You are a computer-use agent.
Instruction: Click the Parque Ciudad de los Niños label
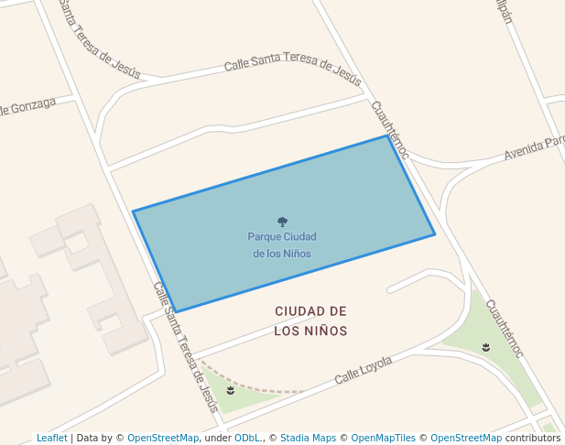tap(282, 244)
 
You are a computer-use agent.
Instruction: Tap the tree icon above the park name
tap(282, 222)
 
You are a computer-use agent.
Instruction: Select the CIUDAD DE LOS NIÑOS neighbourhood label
tap(310, 320)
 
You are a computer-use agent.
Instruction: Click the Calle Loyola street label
tap(363, 370)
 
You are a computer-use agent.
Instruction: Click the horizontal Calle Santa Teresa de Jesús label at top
tap(292, 67)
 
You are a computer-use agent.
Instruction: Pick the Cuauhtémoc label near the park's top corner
tap(389, 129)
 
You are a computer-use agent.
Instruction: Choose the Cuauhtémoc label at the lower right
tap(504, 329)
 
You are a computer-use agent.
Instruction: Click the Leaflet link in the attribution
tap(51, 438)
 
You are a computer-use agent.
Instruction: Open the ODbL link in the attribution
tap(247, 438)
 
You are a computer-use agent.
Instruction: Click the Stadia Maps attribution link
tap(308, 438)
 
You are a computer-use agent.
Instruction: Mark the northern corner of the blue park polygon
tap(389, 136)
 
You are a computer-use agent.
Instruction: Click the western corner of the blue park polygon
tap(133, 212)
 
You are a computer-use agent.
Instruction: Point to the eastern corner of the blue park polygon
tap(435, 234)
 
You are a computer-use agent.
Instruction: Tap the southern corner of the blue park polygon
tap(175, 312)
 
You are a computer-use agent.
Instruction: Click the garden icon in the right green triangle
tap(485, 347)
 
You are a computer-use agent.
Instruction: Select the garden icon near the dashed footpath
tap(230, 391)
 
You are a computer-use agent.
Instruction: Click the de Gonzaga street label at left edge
tap(27, 107)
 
